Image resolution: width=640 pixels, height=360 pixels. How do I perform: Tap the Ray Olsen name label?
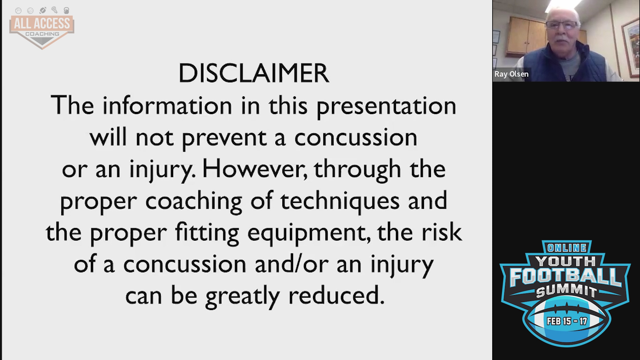point(511,74)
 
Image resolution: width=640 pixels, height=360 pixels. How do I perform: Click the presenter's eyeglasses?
point(564,25)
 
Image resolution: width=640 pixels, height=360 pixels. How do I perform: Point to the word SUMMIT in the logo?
point(567,291)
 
